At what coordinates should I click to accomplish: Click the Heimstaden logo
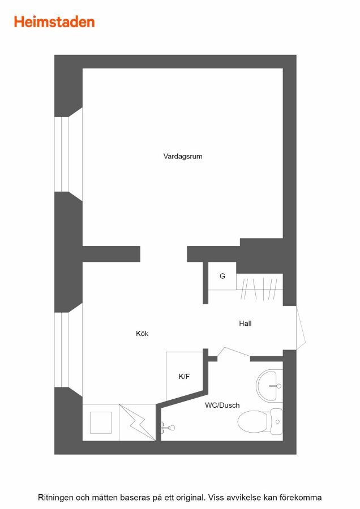pos(54,22)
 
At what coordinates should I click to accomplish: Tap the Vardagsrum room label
pos(183,156)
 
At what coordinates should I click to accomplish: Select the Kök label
pos(142,333)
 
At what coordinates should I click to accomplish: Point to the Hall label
pos(245,323)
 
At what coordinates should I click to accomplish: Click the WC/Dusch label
pos(222,405)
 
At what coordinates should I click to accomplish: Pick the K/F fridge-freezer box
pos(185,376)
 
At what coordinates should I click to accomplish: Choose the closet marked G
pos(222,276)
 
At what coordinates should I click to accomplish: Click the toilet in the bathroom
pos(260,422)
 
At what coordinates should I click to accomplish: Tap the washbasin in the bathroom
pos(269,386)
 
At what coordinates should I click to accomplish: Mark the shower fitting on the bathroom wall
pos(168,427)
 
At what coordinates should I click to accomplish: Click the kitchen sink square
pos(101,422)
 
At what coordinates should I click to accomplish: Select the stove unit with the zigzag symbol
pos(138,422)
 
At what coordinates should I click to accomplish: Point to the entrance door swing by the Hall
pos(301,328)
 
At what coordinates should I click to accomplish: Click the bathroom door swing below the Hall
pos(234,352)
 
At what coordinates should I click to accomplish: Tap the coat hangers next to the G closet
pos(259,288)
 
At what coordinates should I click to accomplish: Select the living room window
pos(68,154)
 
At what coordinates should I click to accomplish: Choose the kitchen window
pos(68,350)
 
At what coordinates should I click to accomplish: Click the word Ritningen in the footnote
pos(55,497)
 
